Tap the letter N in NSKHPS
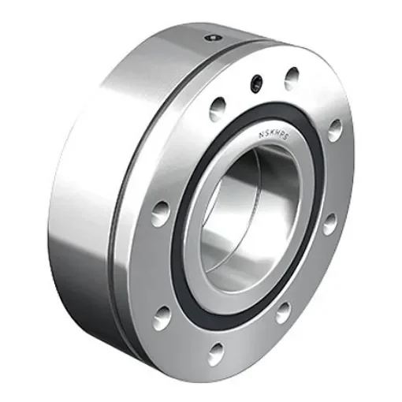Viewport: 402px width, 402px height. pos(260,134)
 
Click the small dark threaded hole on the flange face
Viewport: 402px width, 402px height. pos(255,82)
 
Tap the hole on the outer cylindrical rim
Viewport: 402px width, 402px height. pos(211,37)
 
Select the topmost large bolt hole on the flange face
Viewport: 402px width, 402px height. pos(292,76)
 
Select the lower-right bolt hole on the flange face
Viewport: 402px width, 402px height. pos(283,311)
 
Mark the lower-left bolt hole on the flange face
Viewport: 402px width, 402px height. pos(162,316)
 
